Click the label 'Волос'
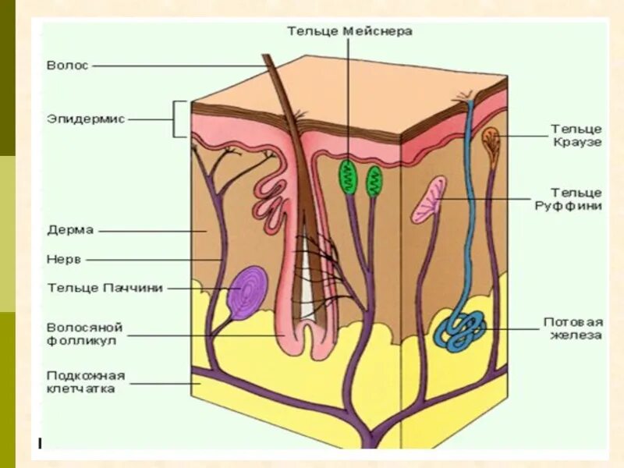[68, 66]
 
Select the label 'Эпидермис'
[85, 119]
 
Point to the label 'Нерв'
[63, 259]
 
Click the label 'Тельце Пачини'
[105, 288]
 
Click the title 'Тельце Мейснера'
[349, 31]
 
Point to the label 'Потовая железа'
[573, 328]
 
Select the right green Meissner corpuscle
[373, 180]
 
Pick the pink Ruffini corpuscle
[430, 198]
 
